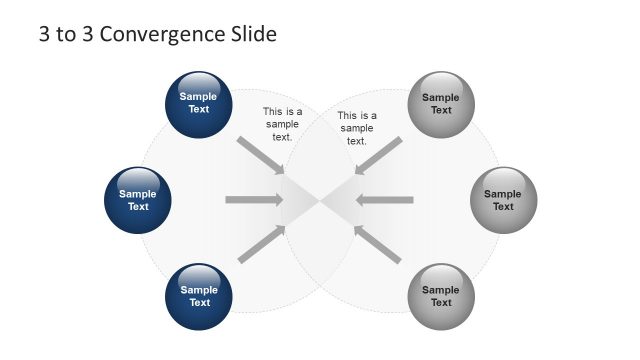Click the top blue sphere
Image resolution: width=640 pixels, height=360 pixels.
click(x=199, y=103)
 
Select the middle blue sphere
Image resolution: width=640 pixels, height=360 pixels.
click(x=138, y=200)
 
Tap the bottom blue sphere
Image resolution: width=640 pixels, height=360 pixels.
click(x=199, y=297)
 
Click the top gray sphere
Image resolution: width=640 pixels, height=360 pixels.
click(x=441, y=103)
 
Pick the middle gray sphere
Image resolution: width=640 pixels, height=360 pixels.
click(x=503, y=200)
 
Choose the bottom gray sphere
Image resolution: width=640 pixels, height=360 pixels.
click(x=441, y=297)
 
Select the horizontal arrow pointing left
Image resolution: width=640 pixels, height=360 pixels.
click(x=385, y=200)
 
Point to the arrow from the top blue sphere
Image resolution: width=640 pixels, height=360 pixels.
click(x=261, y=154)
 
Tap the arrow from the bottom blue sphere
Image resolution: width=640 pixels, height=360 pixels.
click(x=261, y=245)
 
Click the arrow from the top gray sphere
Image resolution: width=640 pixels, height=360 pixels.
click(x=379, y=154)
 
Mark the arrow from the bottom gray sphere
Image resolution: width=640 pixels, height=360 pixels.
click(x=379, y=245)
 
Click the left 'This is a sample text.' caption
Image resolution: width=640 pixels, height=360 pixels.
click(x=282, y=124)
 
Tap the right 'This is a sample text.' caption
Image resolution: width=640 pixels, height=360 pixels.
click(x=357, y=128)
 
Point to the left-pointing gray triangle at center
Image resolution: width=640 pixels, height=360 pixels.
click(x=340, y=201)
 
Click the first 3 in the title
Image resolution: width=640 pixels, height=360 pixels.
click(x=45, y=35)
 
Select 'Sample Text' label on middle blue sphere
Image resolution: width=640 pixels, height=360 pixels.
click(x=138, y=200)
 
